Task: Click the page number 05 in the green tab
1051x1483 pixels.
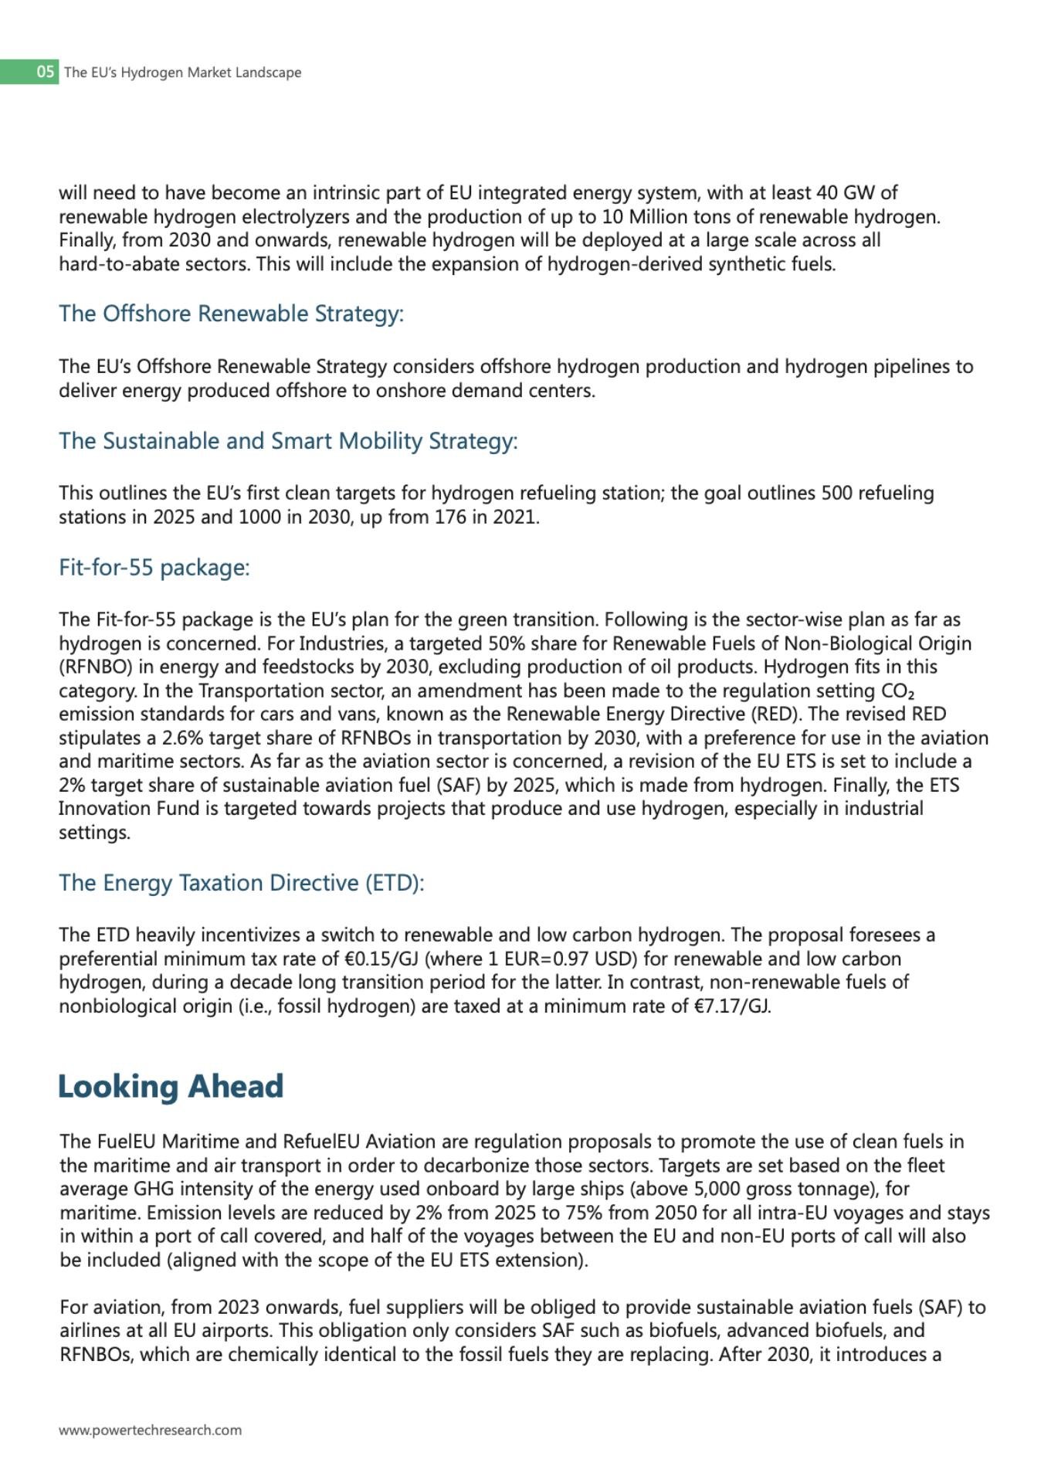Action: click(46, 72)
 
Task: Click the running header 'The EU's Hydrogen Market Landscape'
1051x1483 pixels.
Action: click(183, 73)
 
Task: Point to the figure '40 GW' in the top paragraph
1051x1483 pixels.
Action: click(847, 192)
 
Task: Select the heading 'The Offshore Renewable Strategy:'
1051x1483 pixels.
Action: click(231, 314)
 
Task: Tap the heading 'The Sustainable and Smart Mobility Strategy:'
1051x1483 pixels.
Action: click(288, 441)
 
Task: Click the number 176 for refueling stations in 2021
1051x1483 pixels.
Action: click(450, 517)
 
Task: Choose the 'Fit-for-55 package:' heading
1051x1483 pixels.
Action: click(154, 568)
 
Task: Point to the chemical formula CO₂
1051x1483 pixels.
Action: click(897, 691)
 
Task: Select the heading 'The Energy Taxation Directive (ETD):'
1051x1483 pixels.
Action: click(242, 883)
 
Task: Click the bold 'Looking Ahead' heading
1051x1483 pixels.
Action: click(171, 1086)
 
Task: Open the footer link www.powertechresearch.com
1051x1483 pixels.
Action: click(150, 1430)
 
